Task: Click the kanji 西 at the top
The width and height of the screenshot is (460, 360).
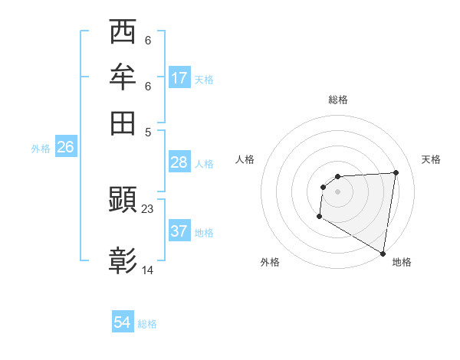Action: click(x=123, y=34)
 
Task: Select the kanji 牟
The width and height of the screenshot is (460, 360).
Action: click(x=123, y=78)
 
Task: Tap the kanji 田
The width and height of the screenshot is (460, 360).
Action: click(x=123, y=123)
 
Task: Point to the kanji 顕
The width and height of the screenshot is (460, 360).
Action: click(x=123, y=201)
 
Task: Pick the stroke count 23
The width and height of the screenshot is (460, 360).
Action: click(x=149, y=208)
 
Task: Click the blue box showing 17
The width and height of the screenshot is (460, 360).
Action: click(x=179, y=78)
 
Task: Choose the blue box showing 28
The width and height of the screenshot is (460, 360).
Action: click(x=179, y=162)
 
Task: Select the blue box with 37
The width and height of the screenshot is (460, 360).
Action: click(x=179, y=231)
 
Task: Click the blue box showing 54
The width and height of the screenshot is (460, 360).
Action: click(x=123, y=322)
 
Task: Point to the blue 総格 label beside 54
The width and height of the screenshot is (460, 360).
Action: click(x=147, y=324)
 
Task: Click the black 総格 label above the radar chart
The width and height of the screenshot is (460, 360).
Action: click(x=338, y=100)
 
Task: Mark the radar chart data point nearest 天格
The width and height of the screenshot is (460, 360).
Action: click(x=396, y=172)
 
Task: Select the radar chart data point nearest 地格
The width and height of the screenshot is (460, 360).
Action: click(x=383, y=253)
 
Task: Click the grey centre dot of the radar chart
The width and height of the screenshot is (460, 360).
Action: click(x=337, y=191)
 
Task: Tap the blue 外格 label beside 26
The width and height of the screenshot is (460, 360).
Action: click(x=41, y=149)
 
